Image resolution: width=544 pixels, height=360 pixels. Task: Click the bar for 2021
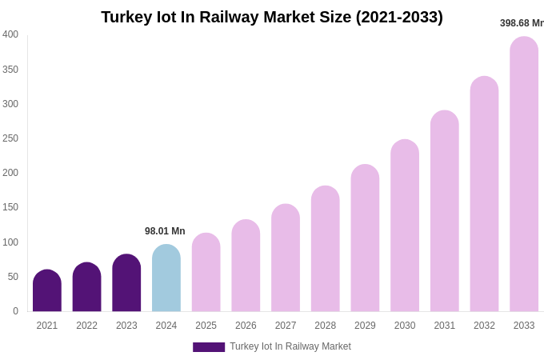click(47, 291)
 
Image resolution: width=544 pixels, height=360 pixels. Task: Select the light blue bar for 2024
click(166, 278)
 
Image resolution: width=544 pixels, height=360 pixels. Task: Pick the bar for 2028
click(326, 249)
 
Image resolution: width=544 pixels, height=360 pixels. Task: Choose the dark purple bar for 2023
click(126, 283)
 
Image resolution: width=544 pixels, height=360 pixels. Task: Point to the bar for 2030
click(405, 226)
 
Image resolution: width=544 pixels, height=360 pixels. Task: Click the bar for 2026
click(246, 266)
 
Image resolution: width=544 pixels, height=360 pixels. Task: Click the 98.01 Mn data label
click(165, 231)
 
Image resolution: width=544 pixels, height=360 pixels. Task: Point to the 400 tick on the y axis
click(10, 34)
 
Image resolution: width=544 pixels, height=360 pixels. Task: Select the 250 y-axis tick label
click(10, 138)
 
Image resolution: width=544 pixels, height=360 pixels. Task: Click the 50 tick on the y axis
click(13, 277)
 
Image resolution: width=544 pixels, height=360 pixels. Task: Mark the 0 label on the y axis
click(15, 311)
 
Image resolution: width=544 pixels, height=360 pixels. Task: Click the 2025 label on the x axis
click(206, 326)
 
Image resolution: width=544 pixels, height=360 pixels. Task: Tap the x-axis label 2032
click(484, 326)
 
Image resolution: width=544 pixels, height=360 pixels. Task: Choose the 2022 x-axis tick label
click(87, 326)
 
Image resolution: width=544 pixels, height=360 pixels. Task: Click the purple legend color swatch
click(209, 347)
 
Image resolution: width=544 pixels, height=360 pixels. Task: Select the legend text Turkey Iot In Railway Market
click(290, 346)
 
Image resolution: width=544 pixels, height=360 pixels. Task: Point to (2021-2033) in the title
click(399, 17)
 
